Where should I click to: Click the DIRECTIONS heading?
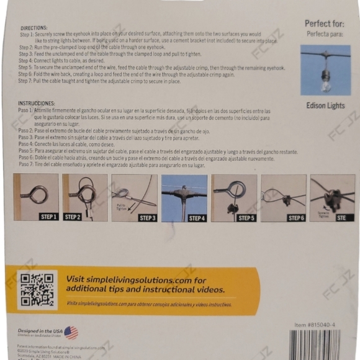coord(34,28)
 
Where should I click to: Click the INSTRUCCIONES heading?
coord(37,103)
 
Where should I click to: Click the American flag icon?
coord(71,333)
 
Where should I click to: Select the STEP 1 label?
coord(48,217)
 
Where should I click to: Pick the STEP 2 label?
coord(73,217)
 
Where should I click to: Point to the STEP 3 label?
coord(147,218)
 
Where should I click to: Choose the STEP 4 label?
coord(196,218)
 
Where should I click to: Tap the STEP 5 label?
coord(246,218)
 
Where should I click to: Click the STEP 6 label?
coord(295,218)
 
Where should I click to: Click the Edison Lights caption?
coord(325,106)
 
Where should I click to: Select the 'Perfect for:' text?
coord(325,24)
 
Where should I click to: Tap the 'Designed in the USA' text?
coord(40,331)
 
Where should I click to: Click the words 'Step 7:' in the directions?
coord(27,81)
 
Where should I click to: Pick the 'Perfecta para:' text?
coord(325,34)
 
